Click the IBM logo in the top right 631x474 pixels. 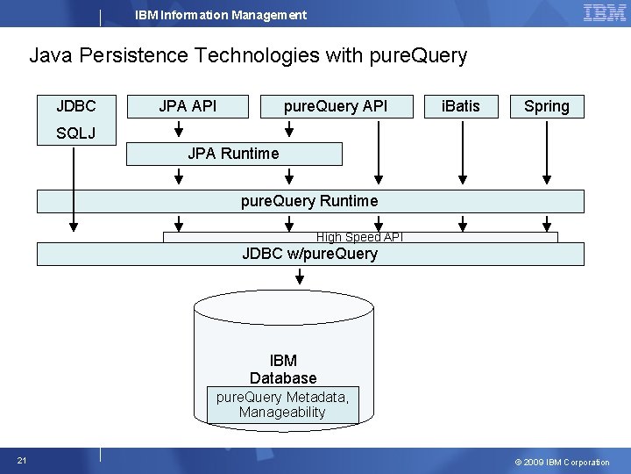point(604,13)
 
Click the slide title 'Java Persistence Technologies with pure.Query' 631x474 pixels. point(248,56)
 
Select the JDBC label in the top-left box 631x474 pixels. point(76,106)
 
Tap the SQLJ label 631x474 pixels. point(76,133)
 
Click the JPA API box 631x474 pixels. point(188,106)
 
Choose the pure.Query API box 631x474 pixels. point(335,106)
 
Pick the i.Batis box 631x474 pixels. point(461,106)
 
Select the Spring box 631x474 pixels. point(547,106)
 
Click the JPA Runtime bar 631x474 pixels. point(234,154)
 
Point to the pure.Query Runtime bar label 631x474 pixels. point(309,201)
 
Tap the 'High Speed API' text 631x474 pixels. point(359,237)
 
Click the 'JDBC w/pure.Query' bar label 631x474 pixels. point(309,255)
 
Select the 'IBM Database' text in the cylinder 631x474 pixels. point(283,370)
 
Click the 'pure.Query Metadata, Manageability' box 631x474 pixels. point(282,405)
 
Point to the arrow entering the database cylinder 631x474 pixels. point(300,276)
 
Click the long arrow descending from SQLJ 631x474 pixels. point(74,189)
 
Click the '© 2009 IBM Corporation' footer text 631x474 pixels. point(562,462)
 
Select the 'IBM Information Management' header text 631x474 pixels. point(221,15)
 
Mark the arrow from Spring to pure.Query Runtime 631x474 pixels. point(547,154)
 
